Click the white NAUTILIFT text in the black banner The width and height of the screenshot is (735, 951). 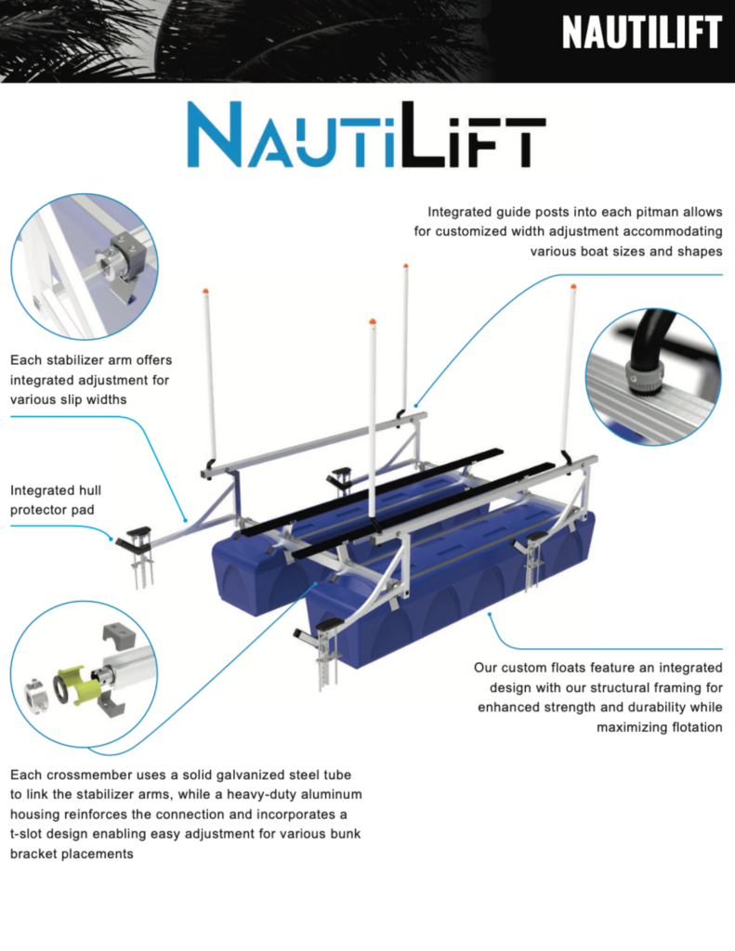[x=641, y=33]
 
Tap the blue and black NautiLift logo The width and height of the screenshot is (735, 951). [x=367, y=134]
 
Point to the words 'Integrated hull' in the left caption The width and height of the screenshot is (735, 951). [x=56, y=490]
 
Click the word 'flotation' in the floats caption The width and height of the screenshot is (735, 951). [x=697, y=727]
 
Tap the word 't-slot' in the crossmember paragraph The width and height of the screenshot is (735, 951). [x=26, y=834]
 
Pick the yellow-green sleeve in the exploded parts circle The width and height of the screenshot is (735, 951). [x=77, y=685]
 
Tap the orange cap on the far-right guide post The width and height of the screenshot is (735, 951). [x=573, y=286]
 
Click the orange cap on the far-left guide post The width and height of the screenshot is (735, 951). [x=205, y=292]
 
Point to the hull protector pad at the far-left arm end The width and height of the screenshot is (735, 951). [x=139, y=532]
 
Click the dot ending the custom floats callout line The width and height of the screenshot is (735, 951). [x=489, y=615]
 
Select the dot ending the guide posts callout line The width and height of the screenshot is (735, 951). [x=415, y=405]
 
